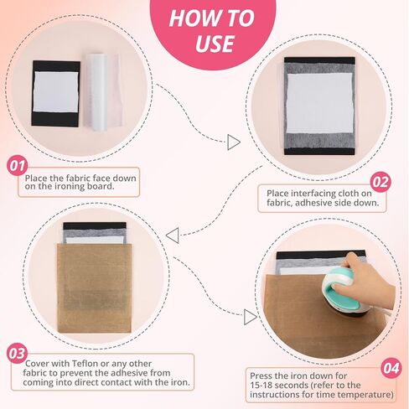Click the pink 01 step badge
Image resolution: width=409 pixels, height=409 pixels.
tap(18, 166)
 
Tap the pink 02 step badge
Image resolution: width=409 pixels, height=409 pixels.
tap(381, 182)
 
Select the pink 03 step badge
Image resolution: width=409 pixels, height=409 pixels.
tap(18, 354)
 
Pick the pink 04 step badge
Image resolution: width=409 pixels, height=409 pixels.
tap(391, 368)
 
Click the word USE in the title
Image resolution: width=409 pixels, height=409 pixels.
tap(215, 44)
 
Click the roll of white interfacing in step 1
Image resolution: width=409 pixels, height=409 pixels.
tap(96, 92)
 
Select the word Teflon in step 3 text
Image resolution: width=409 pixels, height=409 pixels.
tap(85, 364)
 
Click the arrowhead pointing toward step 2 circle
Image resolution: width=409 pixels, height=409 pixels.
tap(233, 142)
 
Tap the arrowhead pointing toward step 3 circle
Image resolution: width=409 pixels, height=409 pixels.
tap(173, 236)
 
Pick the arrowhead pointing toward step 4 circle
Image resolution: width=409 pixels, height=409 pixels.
tap(250, 317)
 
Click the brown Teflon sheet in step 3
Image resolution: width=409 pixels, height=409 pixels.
tap(95, 288)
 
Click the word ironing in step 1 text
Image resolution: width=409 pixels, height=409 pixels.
tap(67, 186)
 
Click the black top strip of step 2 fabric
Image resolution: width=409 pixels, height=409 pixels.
tap(319, 60)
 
